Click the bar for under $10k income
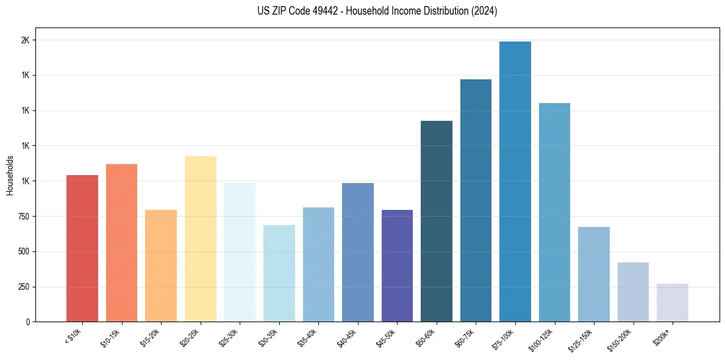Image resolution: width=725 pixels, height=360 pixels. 82,248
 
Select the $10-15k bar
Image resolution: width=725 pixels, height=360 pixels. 121,243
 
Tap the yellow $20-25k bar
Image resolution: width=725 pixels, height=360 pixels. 200,239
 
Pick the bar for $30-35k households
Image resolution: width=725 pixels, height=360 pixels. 279,273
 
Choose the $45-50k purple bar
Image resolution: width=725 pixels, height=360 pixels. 397,265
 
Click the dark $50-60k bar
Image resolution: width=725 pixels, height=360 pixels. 437,221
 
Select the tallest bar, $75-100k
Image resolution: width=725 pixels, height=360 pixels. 515,181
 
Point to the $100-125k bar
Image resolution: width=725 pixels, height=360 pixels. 554,212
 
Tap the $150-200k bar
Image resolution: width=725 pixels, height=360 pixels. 633,292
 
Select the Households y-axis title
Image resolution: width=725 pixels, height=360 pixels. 10,175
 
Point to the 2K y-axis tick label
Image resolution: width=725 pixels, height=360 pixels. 26,40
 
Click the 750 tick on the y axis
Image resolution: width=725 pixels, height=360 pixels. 24,217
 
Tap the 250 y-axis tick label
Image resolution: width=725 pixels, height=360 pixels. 24,287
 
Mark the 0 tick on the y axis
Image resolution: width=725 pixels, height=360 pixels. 28,322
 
